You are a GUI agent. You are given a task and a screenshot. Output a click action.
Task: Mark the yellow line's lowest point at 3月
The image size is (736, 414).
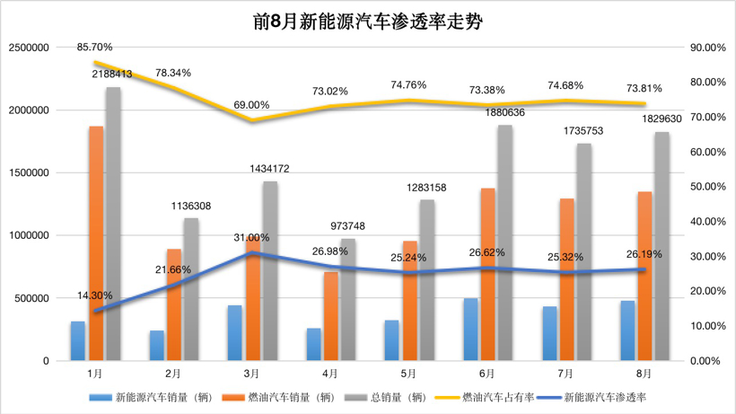point(252,120)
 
